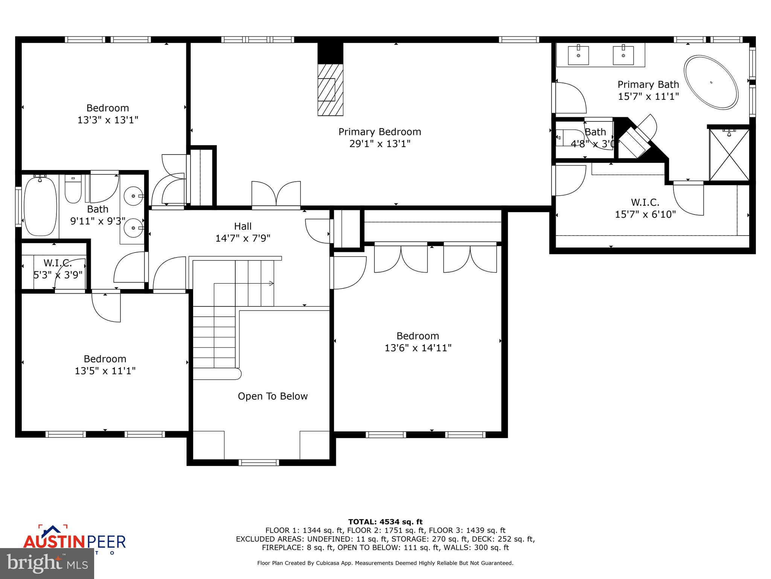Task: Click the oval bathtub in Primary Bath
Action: pyautogui.click(x=711, y=83)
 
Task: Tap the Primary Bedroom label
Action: pyautogui.click(x=379, y=132)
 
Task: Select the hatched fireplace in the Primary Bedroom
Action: pyautogui.click(x=330, y=90)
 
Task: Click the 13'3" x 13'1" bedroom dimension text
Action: pyautogui.click(x=108, y=120)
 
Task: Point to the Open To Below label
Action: pyautogui.click(x=273, y=396)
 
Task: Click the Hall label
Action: pyautogui.click(x=243, y=226)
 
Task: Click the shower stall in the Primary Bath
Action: pyautogui.click(x=729, y=155)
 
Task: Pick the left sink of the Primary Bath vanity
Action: pyautogui.click(x=578, y=55)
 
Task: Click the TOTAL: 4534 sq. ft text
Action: pyautogui.click(x=385, y=522)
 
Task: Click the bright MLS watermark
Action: pyautogui.click(x=47, y=563)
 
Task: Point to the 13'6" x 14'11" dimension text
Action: pyautogui.click(x=418, y=348)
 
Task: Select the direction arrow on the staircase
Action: pyautogui.click(x=270, y=283)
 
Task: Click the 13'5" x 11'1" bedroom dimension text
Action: pyautogui.click(x=105, y=371)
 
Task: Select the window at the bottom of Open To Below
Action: pyautogui.click(x=259, y=462)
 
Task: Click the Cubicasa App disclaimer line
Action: pyautogui.click(x=385, y=563)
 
